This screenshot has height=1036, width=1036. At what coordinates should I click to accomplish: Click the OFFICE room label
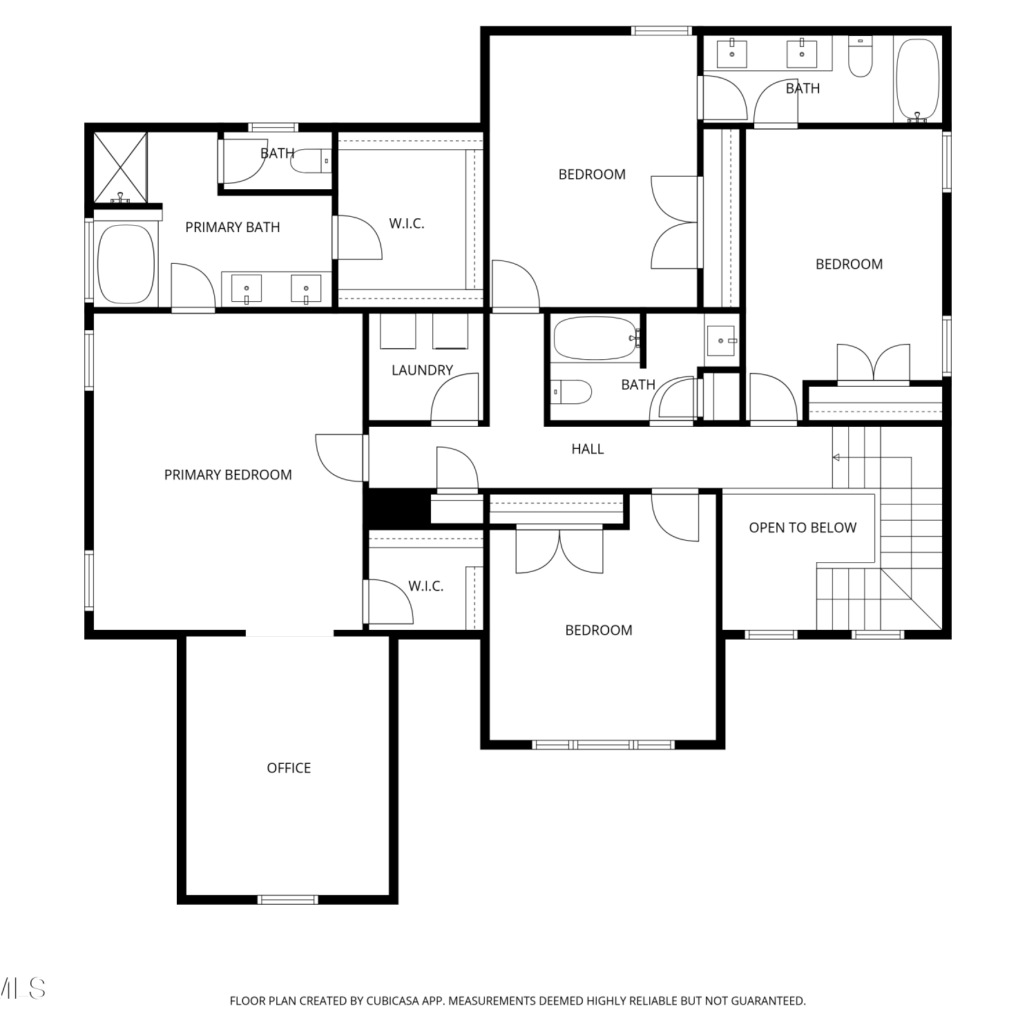point(289,768)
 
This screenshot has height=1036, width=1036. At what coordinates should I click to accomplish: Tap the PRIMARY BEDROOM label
point(228,475)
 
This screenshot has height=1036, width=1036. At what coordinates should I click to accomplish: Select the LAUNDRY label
point(422,370)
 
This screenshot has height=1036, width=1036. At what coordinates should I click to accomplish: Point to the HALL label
point(588,449)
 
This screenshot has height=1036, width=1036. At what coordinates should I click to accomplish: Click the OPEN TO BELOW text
point(803,528)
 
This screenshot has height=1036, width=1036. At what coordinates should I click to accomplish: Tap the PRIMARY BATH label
point(233,227)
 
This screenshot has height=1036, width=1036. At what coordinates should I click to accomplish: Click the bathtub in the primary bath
point(126,264)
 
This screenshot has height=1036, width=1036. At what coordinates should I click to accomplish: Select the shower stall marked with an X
point(120,168)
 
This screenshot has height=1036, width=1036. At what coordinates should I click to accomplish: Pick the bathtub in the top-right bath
point(917,79)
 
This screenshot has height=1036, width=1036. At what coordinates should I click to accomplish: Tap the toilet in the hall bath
point(571,392)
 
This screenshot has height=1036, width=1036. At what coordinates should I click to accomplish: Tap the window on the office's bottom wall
point(288,899)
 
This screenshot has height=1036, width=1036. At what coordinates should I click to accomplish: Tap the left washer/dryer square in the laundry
point(398,332)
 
